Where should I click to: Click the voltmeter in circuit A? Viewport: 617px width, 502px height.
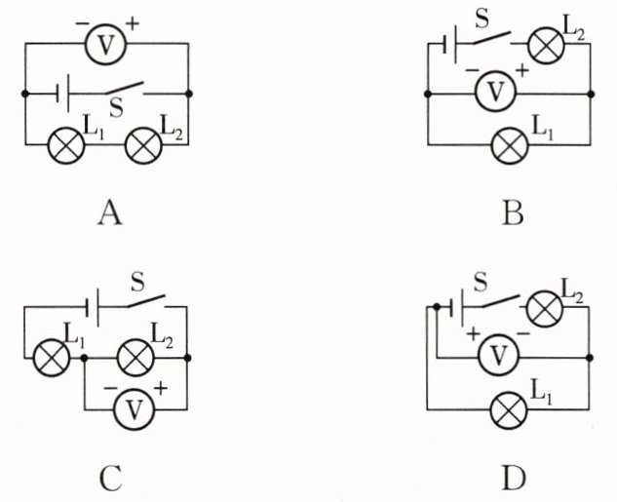click(105, 43)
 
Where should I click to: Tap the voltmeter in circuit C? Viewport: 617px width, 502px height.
click(135, 409)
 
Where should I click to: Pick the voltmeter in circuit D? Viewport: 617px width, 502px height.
click(498, 356)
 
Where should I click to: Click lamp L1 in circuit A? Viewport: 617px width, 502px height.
click(66, 145)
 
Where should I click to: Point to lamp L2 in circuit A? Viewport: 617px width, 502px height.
click(143, 145)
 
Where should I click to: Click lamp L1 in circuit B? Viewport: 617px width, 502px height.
click(510, 145)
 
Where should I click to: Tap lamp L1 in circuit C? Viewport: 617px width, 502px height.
click(52, 358)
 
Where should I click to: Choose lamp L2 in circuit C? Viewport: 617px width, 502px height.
click(135, 358)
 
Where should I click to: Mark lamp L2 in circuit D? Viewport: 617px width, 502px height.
click(545, 308)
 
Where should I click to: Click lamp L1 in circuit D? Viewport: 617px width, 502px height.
click(509, 409)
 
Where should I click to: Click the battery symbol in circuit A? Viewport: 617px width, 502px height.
click(63, 94)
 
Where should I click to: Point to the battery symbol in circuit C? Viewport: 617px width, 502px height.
click(92, 307)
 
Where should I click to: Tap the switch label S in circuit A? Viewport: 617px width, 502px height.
click(116, 107)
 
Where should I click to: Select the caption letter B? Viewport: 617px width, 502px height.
click(513, 212)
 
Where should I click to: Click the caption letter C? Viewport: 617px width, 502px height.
click(110, 479)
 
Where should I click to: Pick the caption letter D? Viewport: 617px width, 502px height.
click(514, 479)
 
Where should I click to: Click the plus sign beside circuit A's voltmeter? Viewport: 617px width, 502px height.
click(133, 24)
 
